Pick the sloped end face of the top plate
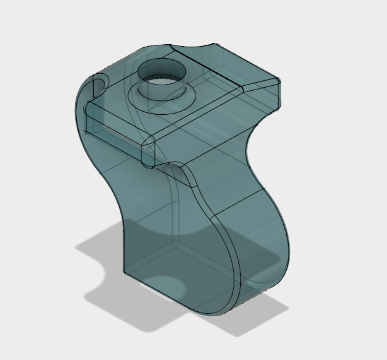[261, 94]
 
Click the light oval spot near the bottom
[166, 286]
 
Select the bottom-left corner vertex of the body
[124, 272]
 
